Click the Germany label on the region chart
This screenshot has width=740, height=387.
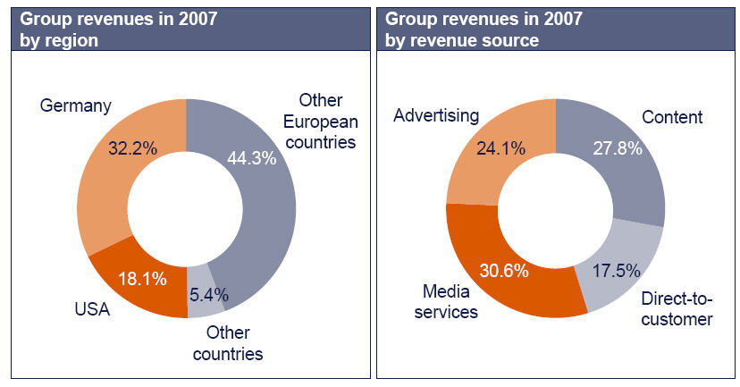[x=76, y=106]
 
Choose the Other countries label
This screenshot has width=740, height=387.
[x=235, y=343]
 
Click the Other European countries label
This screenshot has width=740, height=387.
[x=327, y=121]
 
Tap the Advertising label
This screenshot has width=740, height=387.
[x=437, y=116]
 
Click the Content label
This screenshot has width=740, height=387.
[x=673, y=117]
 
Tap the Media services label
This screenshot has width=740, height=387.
[x=444, y=301]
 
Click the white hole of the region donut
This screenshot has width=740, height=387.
[x=186, y=210]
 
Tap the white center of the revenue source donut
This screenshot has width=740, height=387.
[x=555, y=210]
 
